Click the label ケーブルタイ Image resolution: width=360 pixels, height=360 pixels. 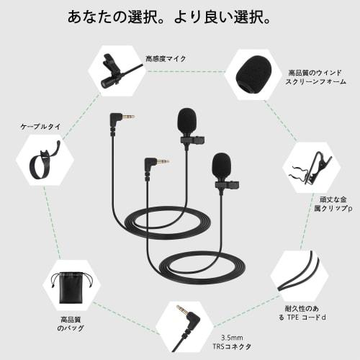pyautogui.click(x=40, y=127)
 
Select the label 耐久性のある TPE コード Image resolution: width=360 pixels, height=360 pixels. pyautogui.click(x=310, y=316)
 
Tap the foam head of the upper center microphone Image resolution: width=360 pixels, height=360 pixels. pyautogui.click(x=186, y=120)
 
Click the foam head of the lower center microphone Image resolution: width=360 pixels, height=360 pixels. pyautogui.click(x=222, y=166)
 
